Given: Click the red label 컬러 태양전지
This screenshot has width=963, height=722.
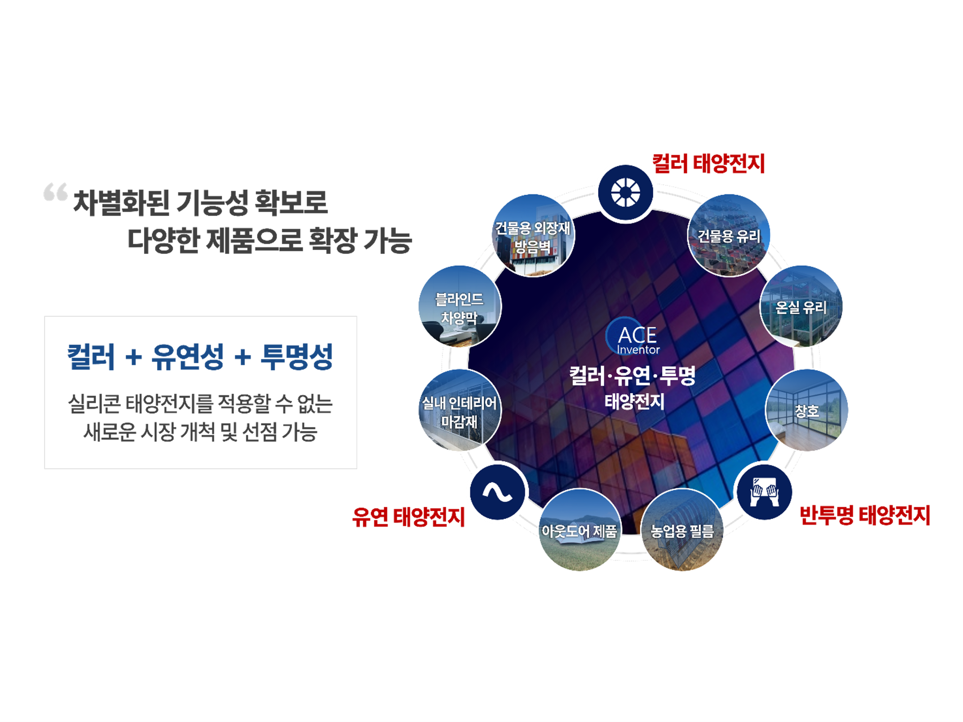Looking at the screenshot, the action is pos(708,164).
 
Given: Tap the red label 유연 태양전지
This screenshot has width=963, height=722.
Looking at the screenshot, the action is pos(409,516).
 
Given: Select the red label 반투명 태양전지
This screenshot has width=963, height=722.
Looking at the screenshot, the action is pos(865,515).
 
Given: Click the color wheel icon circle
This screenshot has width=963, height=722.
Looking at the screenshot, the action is pos(625,193).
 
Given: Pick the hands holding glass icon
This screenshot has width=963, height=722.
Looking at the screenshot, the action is pos(765,492).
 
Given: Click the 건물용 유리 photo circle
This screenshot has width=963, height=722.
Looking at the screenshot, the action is pos(729,235).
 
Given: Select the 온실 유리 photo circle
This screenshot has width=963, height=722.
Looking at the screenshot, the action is pos(801,307).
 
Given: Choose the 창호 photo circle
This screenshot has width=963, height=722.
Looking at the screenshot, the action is pos(807,410).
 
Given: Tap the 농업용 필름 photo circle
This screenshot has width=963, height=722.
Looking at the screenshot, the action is pos(682,530).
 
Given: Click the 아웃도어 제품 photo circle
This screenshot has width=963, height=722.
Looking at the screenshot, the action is pos(579,530).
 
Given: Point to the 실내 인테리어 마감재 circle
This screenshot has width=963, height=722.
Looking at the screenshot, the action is pos(460,410).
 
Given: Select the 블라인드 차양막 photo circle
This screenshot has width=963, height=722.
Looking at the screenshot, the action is pos(460,307).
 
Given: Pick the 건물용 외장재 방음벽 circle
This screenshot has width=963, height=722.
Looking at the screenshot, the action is pos(533,235).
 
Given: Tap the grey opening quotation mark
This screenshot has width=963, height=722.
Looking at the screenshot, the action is pos(55,192).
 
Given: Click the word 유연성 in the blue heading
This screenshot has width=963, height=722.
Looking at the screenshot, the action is pos(188,357).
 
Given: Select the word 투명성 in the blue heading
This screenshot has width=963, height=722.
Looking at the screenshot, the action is pos(297,357).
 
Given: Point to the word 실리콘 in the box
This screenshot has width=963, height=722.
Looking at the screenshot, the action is pos(94,404).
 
